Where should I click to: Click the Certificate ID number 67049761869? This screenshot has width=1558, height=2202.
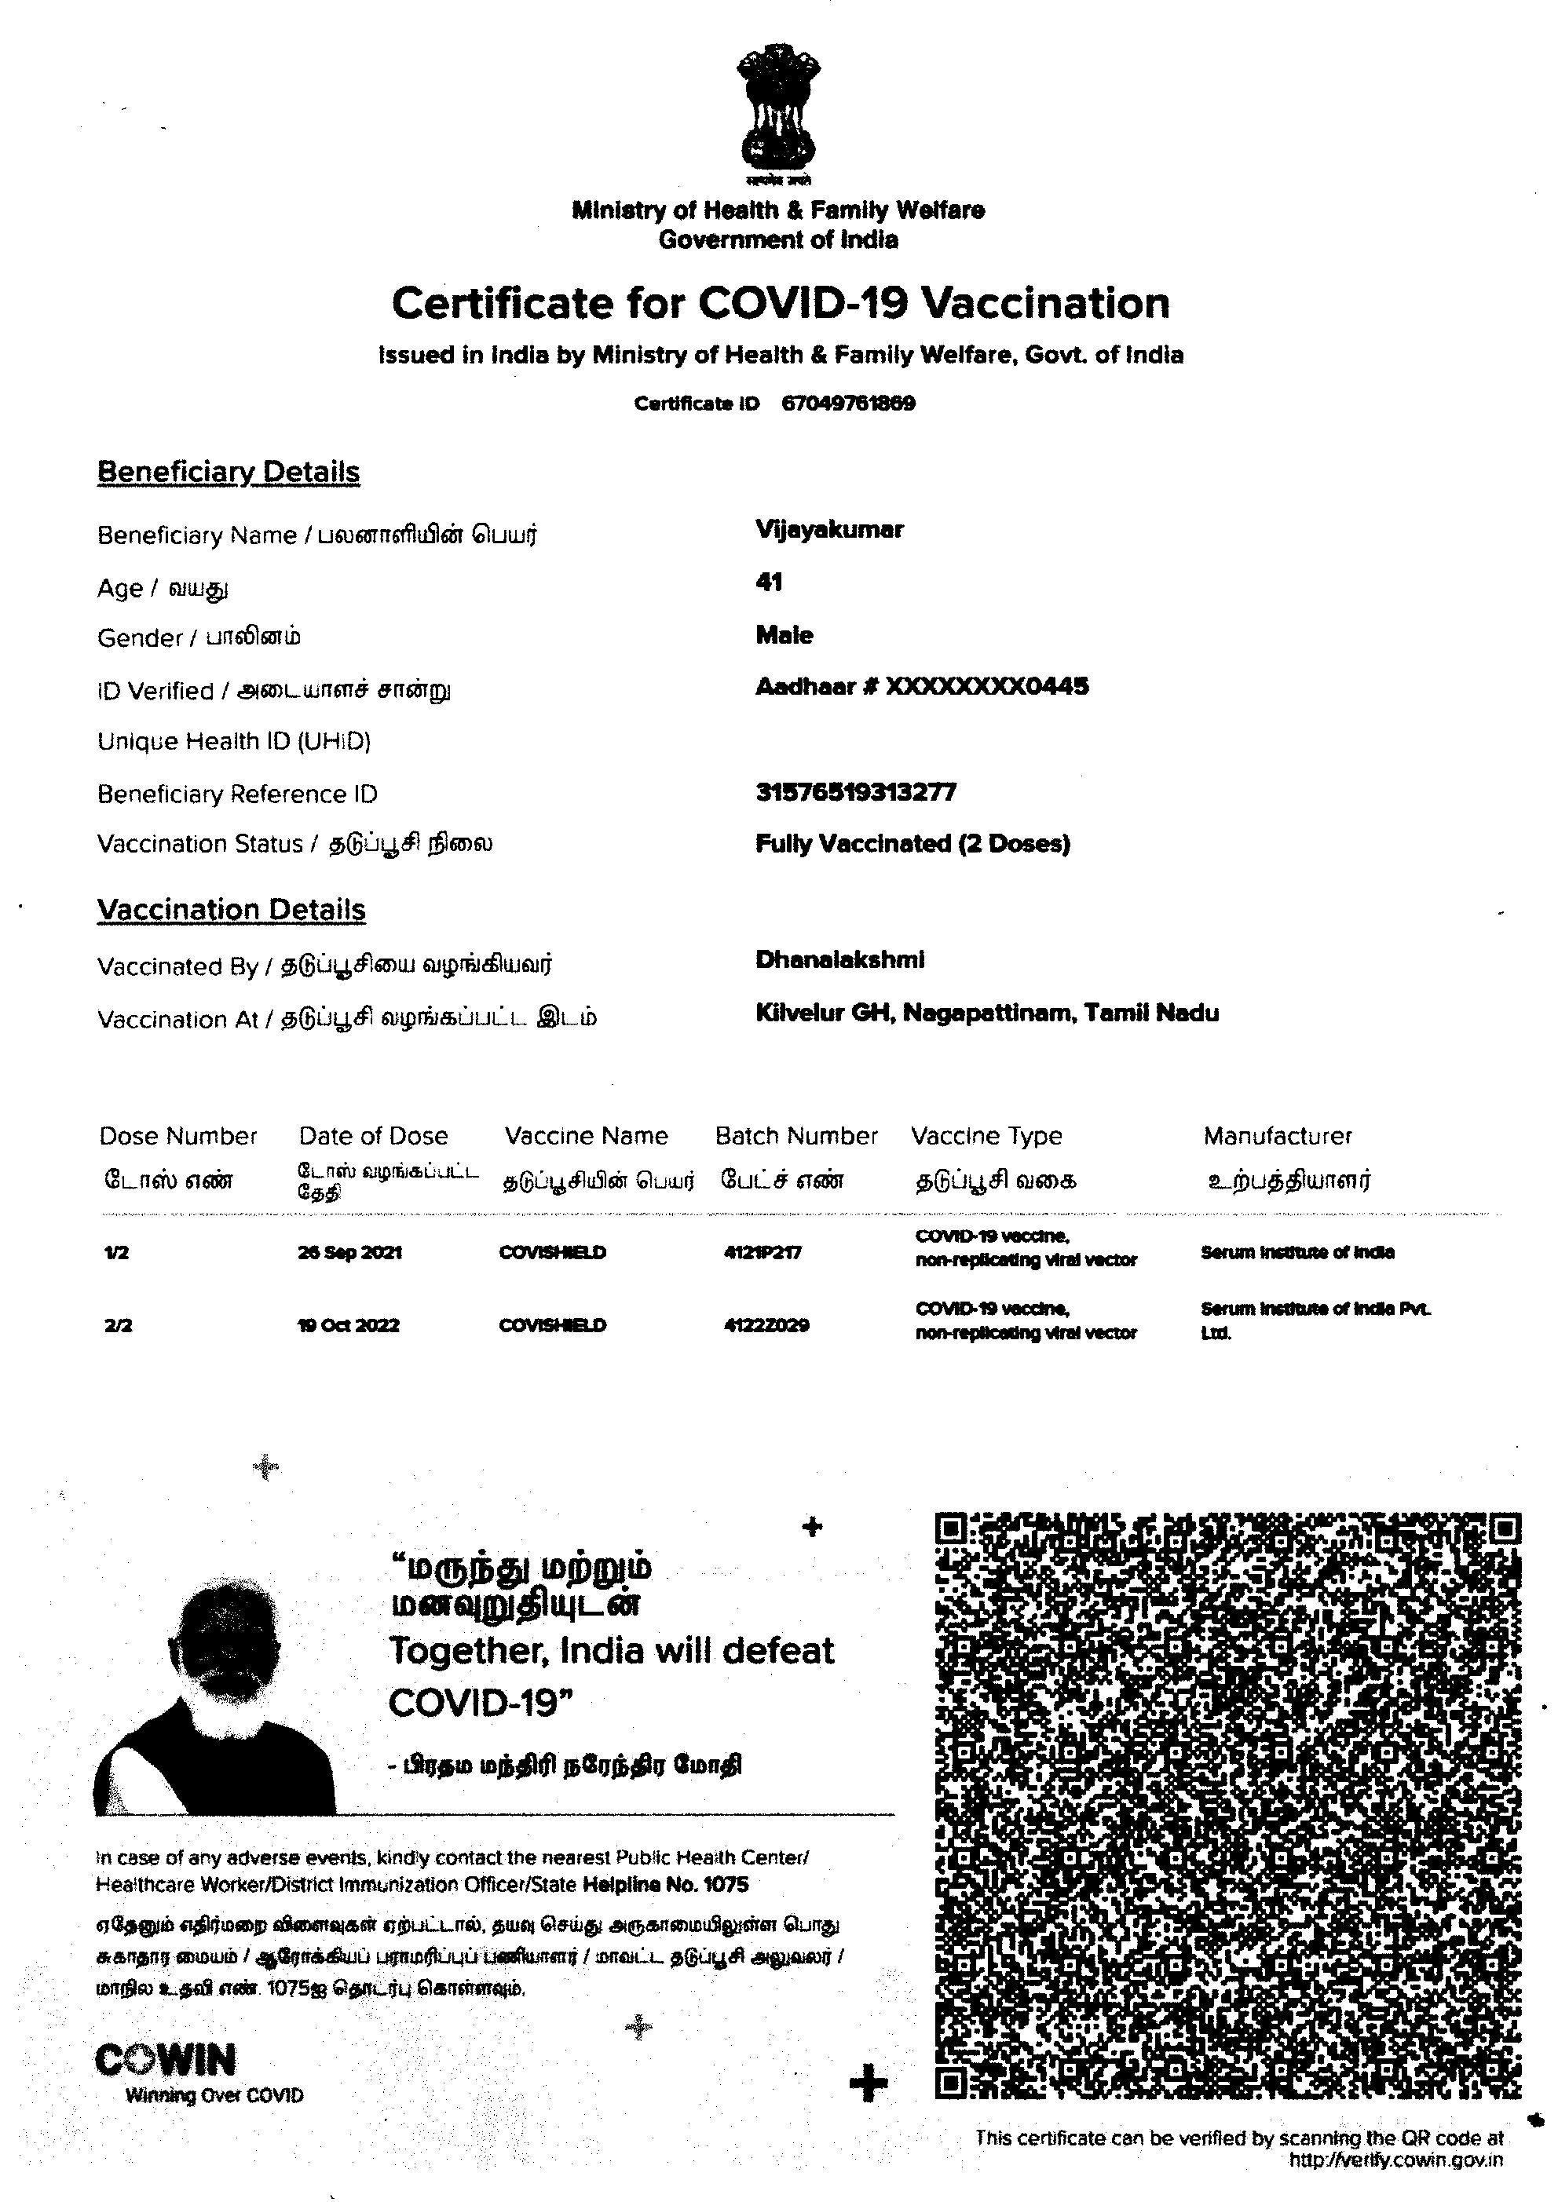tap(848, 403)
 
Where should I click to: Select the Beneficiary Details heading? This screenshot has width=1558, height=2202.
tap(229, 472)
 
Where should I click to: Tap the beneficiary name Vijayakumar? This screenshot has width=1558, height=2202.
tap(829, 529)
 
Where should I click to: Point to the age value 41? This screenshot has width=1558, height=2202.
tap(769, 582)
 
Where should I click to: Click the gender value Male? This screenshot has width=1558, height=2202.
tap(784, 635)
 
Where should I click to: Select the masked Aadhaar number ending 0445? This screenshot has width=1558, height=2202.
tap(921, 687)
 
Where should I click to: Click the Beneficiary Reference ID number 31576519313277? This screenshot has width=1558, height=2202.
tap(856, 792)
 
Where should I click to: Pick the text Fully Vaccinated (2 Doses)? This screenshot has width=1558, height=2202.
tap(912, 844)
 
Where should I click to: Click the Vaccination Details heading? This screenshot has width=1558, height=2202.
tap(231, 909)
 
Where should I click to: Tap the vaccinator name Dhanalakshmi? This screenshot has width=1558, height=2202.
tap(839, 960)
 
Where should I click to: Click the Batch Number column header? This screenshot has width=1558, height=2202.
tap(795, 1137)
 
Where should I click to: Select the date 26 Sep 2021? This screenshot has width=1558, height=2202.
tap(349, 1253)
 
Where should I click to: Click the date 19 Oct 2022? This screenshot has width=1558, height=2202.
tap(348, 1325)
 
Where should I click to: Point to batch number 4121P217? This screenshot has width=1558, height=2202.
tap(763, 1253)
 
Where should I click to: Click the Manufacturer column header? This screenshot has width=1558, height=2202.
tap(1277, 1137)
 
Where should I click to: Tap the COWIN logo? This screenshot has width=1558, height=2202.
tap(166, 2060)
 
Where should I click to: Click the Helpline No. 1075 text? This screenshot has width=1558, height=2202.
tap(665, 1885)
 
